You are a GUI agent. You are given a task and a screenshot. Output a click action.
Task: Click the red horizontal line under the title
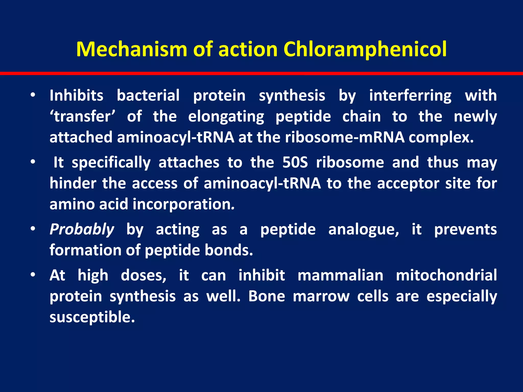[261, 73]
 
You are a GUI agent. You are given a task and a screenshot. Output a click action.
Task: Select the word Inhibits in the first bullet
[76, 96]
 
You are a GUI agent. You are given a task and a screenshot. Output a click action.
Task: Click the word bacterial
[148, 96]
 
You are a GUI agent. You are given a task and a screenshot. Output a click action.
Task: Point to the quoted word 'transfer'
[82, 117]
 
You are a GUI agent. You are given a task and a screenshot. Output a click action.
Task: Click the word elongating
[226, 117]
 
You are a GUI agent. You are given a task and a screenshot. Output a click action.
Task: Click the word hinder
[73, 183]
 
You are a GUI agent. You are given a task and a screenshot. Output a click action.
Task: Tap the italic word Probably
[82, 229]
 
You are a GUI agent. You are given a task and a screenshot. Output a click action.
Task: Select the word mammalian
[340, 275]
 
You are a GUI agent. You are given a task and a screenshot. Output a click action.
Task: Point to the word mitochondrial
[446, 275]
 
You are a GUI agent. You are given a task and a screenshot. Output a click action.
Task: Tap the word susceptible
[92, 317]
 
